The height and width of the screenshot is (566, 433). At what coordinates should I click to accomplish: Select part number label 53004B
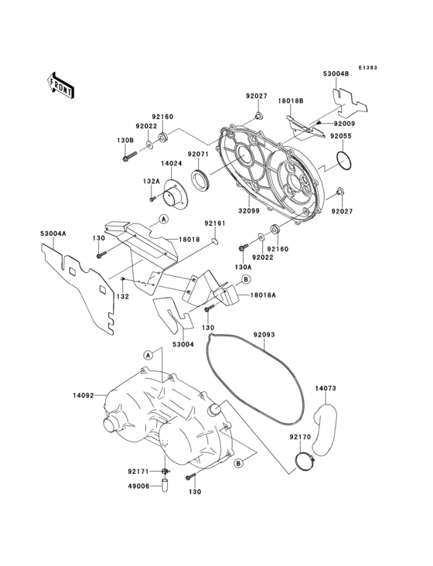336,74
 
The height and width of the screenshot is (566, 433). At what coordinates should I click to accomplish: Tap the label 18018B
290,101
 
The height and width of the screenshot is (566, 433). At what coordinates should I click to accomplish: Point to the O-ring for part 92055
346,161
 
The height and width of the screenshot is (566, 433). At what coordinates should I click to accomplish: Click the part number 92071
200,155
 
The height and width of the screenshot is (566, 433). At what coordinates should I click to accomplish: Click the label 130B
125,140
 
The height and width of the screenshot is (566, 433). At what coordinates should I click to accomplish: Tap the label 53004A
54,232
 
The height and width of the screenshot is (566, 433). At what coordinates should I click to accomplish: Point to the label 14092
84,395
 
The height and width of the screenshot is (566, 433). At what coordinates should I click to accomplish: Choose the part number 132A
151,181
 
